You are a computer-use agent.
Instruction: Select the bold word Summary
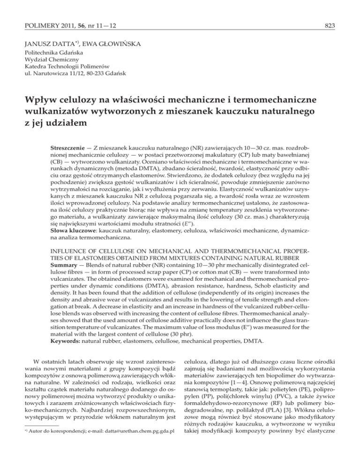pos(67,286)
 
